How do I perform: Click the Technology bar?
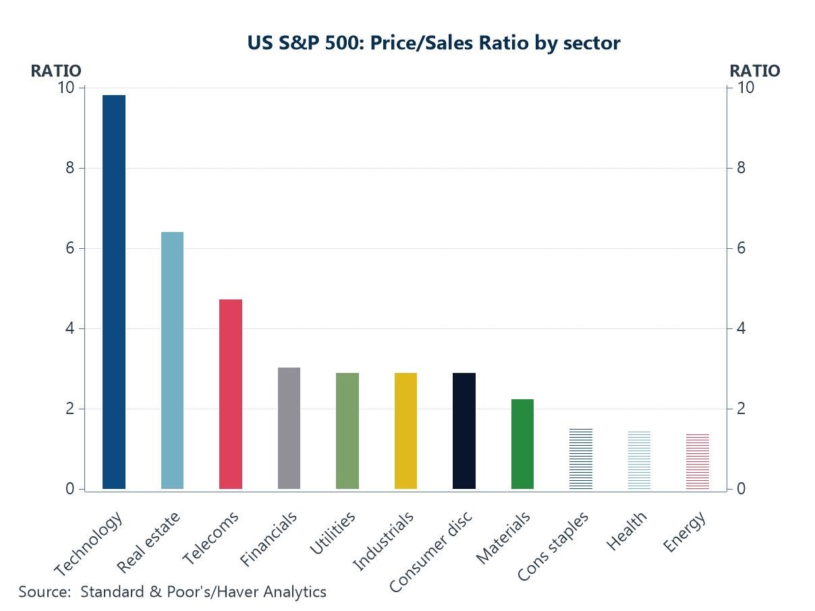pos(114,291)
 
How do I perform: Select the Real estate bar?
pos(172,360)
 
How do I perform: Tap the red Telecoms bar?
pos(231,394)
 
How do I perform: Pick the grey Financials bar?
pos(289,428)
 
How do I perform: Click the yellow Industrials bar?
pos(405,431)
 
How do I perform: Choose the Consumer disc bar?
pos(464,431)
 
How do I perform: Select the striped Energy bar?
pos(698,462)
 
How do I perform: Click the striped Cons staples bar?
pos(581,459)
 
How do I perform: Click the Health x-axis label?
pos(627,531)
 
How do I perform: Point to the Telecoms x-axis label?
pos(211,539)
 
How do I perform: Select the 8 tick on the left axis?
pos(69,168)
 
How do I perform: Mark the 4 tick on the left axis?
pos(69,328)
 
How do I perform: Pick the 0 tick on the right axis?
pos(741,489)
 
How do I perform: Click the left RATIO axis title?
pos(55,71)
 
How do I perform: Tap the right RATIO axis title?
pos(755,71)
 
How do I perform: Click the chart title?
pos(434,43)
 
